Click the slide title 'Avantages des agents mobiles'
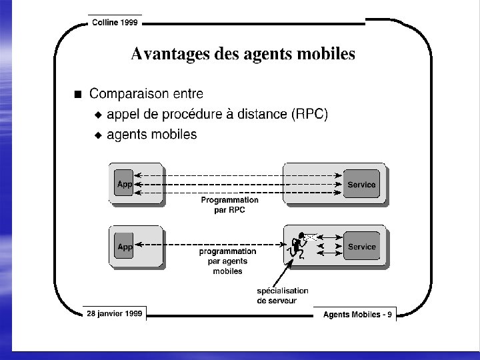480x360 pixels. [x=243, y=54]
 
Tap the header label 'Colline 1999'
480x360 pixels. [x=115, y=22]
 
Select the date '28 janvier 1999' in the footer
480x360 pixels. [x=114, y=313]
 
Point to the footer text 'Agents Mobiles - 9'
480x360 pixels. [x=357, y=314]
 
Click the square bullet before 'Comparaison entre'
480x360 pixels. [x=79, y=94]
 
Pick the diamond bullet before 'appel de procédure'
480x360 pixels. [x=98, y=115]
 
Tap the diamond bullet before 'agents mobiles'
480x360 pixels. [x=98, y=135]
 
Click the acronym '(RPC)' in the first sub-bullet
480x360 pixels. [x=310, y=114]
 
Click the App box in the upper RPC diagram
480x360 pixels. [x=125, y=184]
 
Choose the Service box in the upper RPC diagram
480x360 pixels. [x=361, y=184]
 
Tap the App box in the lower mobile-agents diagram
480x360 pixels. [x=125, y=246]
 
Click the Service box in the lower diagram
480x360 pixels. [x=361, y=246]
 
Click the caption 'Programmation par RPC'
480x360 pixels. [x=229, y=205]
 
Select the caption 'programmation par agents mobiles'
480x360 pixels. [x=228, y=261]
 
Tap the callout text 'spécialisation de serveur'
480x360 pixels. [x=283, y=295]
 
